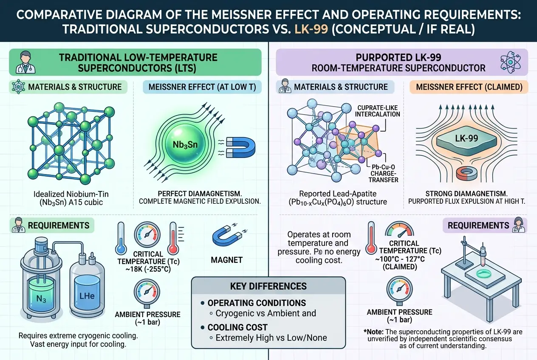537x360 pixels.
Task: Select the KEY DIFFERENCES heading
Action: (268, 286)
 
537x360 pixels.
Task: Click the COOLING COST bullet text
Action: (237, 327)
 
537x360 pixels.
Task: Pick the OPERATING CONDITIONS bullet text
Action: (256, 303)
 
